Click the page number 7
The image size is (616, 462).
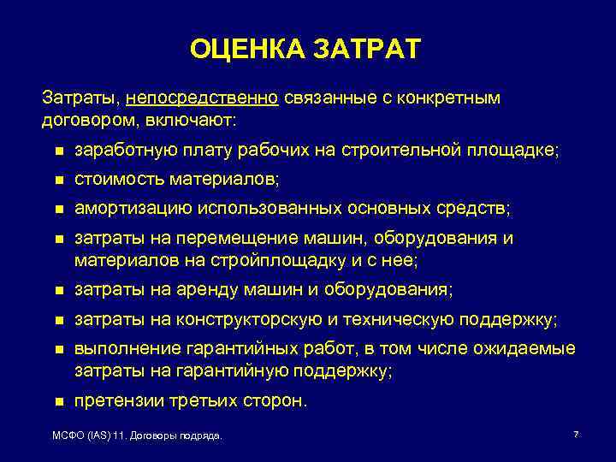click(576, 435)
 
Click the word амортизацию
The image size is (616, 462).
click(133, 209)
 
